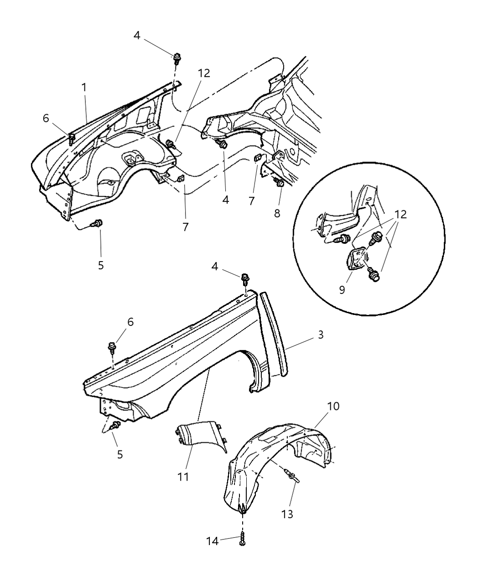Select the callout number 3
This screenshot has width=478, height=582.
point(321,335)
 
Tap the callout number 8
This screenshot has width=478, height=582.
point(277,213)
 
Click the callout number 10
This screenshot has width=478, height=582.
point(333,406)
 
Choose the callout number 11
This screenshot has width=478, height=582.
point(183,477)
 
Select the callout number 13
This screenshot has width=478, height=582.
point(287,514)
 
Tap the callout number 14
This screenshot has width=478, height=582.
point(213,541)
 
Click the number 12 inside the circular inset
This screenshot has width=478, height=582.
point(400,214)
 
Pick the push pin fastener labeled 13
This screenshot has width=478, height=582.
point(293,477)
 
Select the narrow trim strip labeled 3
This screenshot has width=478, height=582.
point(275,333)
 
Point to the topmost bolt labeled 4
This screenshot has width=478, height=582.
point(177,58)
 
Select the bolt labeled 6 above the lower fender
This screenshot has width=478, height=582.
point(112,348)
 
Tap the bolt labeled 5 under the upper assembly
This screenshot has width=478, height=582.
point(97,223)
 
